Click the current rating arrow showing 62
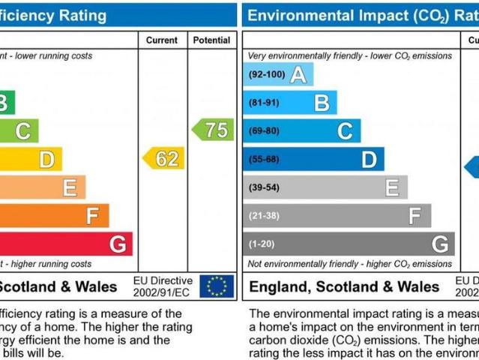(x=163, y=158)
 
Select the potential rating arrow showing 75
(x=213, y=129)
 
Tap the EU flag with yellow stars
(x=217, y=286)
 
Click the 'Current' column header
(x=162, y=40)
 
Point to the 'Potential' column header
(x=211, y=40)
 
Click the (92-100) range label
(x=266, y=74)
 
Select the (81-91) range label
(x=264, y=103)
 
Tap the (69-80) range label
(x=264, y=130)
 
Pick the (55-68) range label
(x=264, y=159)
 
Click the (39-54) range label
(x=264, y=187)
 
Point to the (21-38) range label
(x=264, y=215)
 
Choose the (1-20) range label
(x=262, y=244)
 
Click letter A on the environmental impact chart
(x=298, y=74)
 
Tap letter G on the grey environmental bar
(x=440, y=244)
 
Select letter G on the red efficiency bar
(x=118, y=244)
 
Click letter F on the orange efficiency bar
(x=93, y=216)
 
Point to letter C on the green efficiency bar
(x=22, y=131)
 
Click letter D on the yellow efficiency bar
(x=46, y=159)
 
